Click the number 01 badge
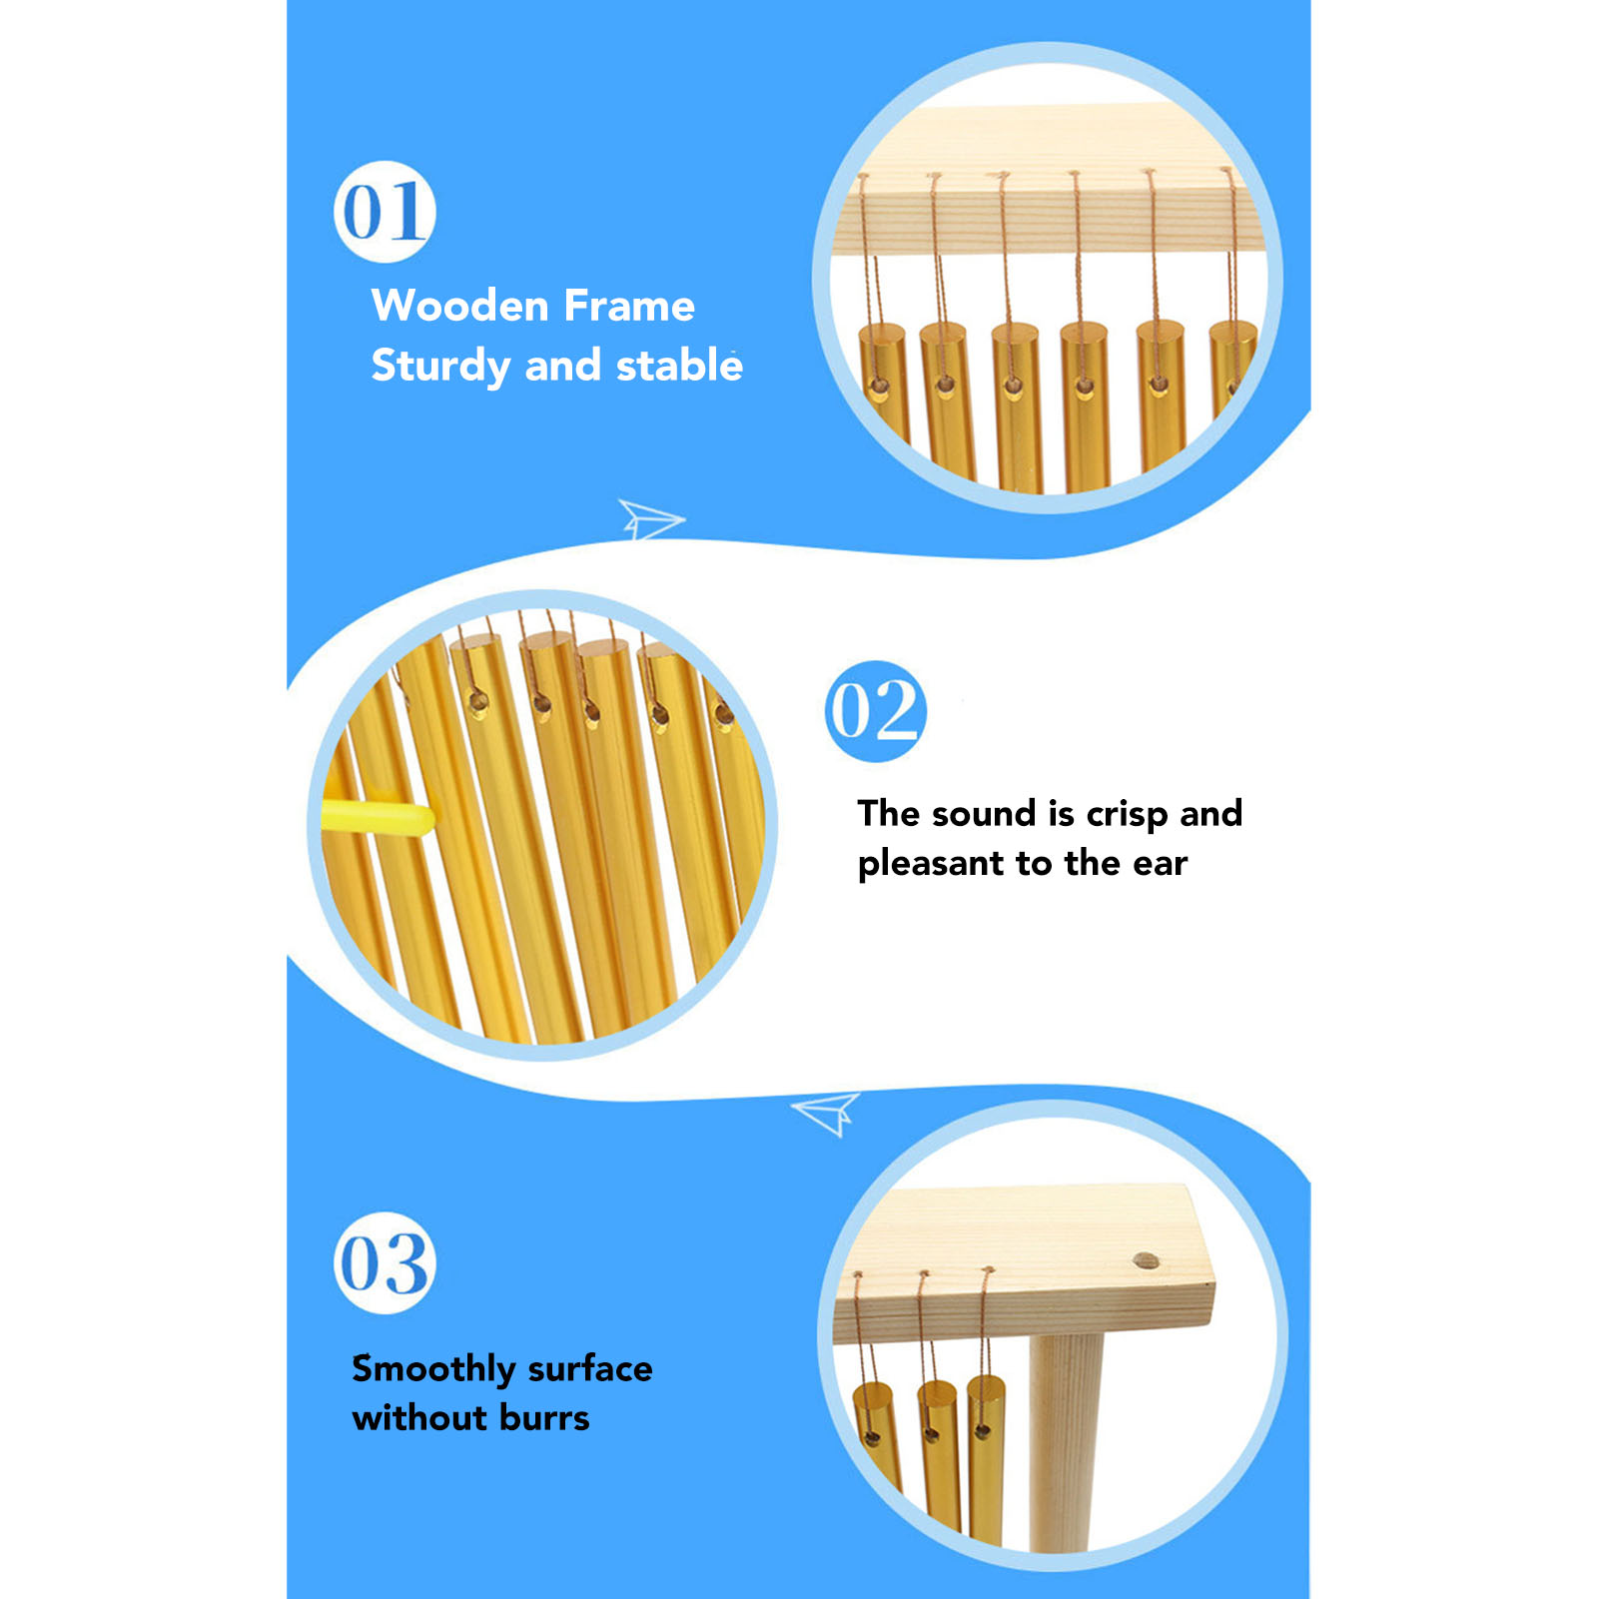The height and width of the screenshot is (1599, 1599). (x=385, y=212)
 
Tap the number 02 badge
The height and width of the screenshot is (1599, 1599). (x=876, y=711)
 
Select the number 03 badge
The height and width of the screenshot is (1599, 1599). (x=385, y=1263)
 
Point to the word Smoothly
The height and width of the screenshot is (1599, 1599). (x=433, y=1369)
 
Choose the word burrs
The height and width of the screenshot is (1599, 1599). (x=544, y=1417)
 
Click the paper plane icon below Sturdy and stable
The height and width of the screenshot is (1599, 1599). (x=651, y=518)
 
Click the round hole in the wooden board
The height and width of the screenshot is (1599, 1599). (x=1148, y=1261)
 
